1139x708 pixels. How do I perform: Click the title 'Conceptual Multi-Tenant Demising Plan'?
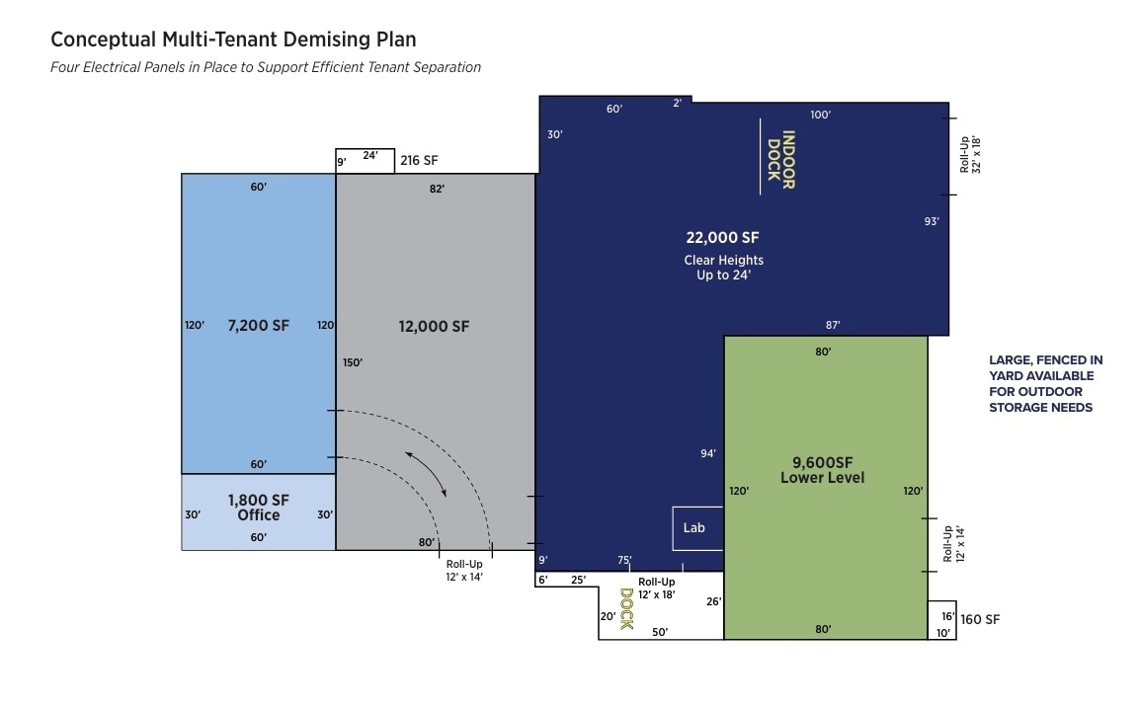233,39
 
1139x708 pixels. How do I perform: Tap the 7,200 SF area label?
258,326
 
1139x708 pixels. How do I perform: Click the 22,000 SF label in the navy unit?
723,237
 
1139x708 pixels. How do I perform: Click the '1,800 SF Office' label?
258,508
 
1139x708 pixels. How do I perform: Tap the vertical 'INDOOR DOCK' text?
780,160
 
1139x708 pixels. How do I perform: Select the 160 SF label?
980,620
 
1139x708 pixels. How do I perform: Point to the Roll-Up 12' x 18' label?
657,589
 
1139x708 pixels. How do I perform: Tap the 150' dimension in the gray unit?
353,362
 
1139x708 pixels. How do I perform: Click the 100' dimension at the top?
820,115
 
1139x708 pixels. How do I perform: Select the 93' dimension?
931,221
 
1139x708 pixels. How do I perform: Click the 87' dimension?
833,325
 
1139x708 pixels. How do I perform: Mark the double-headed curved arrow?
426,473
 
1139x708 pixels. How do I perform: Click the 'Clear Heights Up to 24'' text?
723,268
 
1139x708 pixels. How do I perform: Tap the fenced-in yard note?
1045,383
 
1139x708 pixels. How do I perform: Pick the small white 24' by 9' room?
366,161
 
